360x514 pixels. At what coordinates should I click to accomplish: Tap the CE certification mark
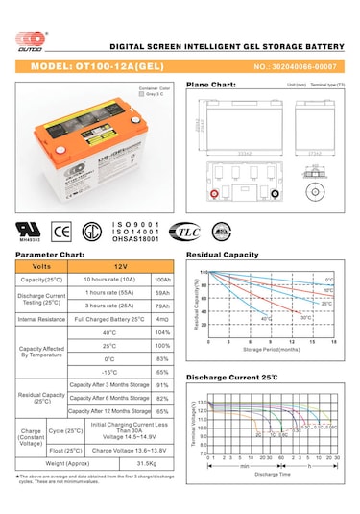click(60, 232)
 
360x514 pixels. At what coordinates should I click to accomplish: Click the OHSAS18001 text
click(139, 242)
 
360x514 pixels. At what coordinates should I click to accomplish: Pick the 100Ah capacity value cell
click(161, 279)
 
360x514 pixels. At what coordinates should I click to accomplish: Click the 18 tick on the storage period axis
click(334, 341)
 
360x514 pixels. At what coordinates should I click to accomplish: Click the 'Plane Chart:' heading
click(210, 85)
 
